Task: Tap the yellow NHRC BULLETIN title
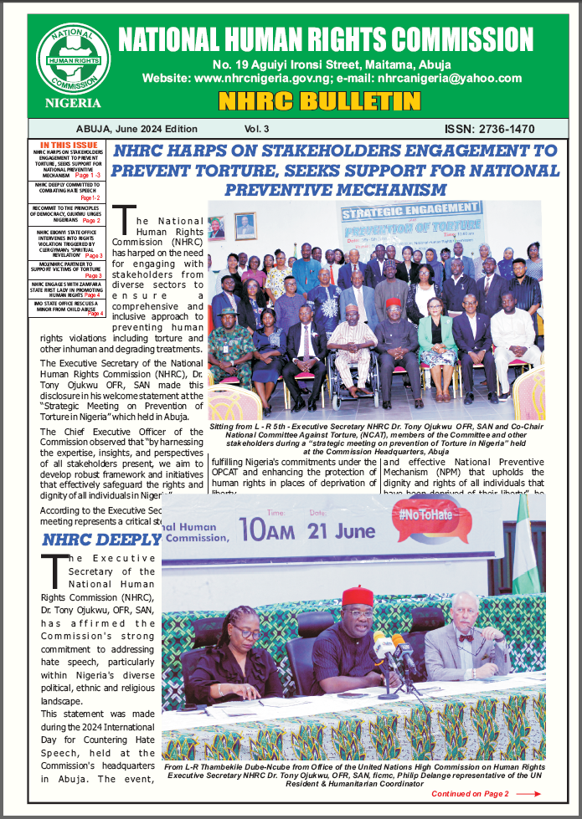(318, 102)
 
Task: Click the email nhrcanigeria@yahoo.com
(450, 78)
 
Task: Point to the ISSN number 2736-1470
(490, 129)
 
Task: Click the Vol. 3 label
(257, 129)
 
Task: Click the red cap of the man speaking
(358, 596)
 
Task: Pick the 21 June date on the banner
(341, 529)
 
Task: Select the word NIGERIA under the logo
(73, 103)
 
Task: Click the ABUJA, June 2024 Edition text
(136, 129)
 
